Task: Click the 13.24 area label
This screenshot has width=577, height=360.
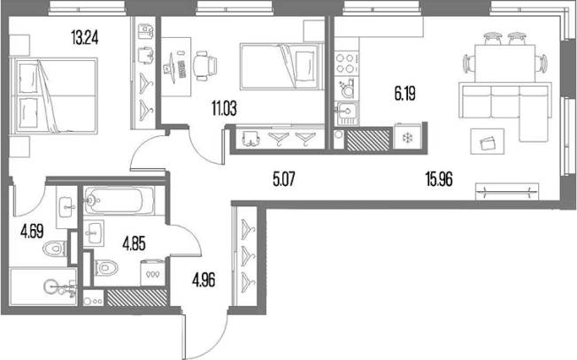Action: [85, 38]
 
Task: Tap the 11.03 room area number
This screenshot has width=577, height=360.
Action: [224, 109]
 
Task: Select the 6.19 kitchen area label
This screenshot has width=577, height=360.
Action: [405, 94]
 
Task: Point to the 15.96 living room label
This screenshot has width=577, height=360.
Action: [439, 180]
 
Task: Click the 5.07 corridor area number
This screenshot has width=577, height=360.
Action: [284, 180]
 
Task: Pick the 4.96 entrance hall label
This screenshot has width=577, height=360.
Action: [204, 280]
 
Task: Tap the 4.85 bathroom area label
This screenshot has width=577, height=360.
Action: [134, 244]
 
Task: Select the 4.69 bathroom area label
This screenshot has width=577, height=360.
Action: [32, 232]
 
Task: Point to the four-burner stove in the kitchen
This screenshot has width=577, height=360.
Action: [346, 64]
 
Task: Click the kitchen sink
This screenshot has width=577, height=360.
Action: [346, 113]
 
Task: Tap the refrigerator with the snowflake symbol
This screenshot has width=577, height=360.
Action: [407, 137]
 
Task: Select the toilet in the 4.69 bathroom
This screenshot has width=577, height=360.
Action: [55, 249]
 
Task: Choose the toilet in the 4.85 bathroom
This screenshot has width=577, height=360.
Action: [106, 267]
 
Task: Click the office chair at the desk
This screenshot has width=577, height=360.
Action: [204, 65]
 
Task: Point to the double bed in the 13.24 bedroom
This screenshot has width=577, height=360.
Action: [54, 96]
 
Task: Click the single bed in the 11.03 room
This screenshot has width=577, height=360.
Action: [282, 66]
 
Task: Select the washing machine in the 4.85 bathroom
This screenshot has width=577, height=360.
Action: [153, 272]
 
